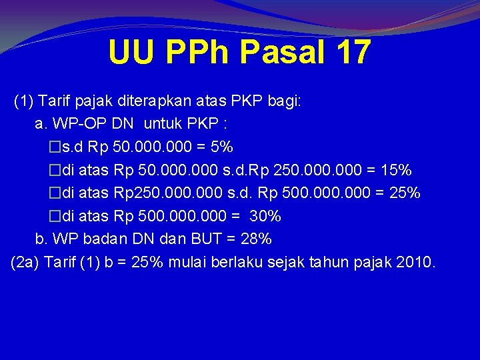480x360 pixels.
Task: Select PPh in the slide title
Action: (x=193, y=53)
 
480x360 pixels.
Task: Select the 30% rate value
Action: (x=265, y=216)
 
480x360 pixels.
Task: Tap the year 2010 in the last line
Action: (x=413, y=262)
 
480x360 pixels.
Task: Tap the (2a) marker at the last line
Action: (x=25, y=262)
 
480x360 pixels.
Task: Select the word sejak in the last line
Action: (x=286, y=262)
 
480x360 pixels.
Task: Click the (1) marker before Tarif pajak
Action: (x=25, y=101)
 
